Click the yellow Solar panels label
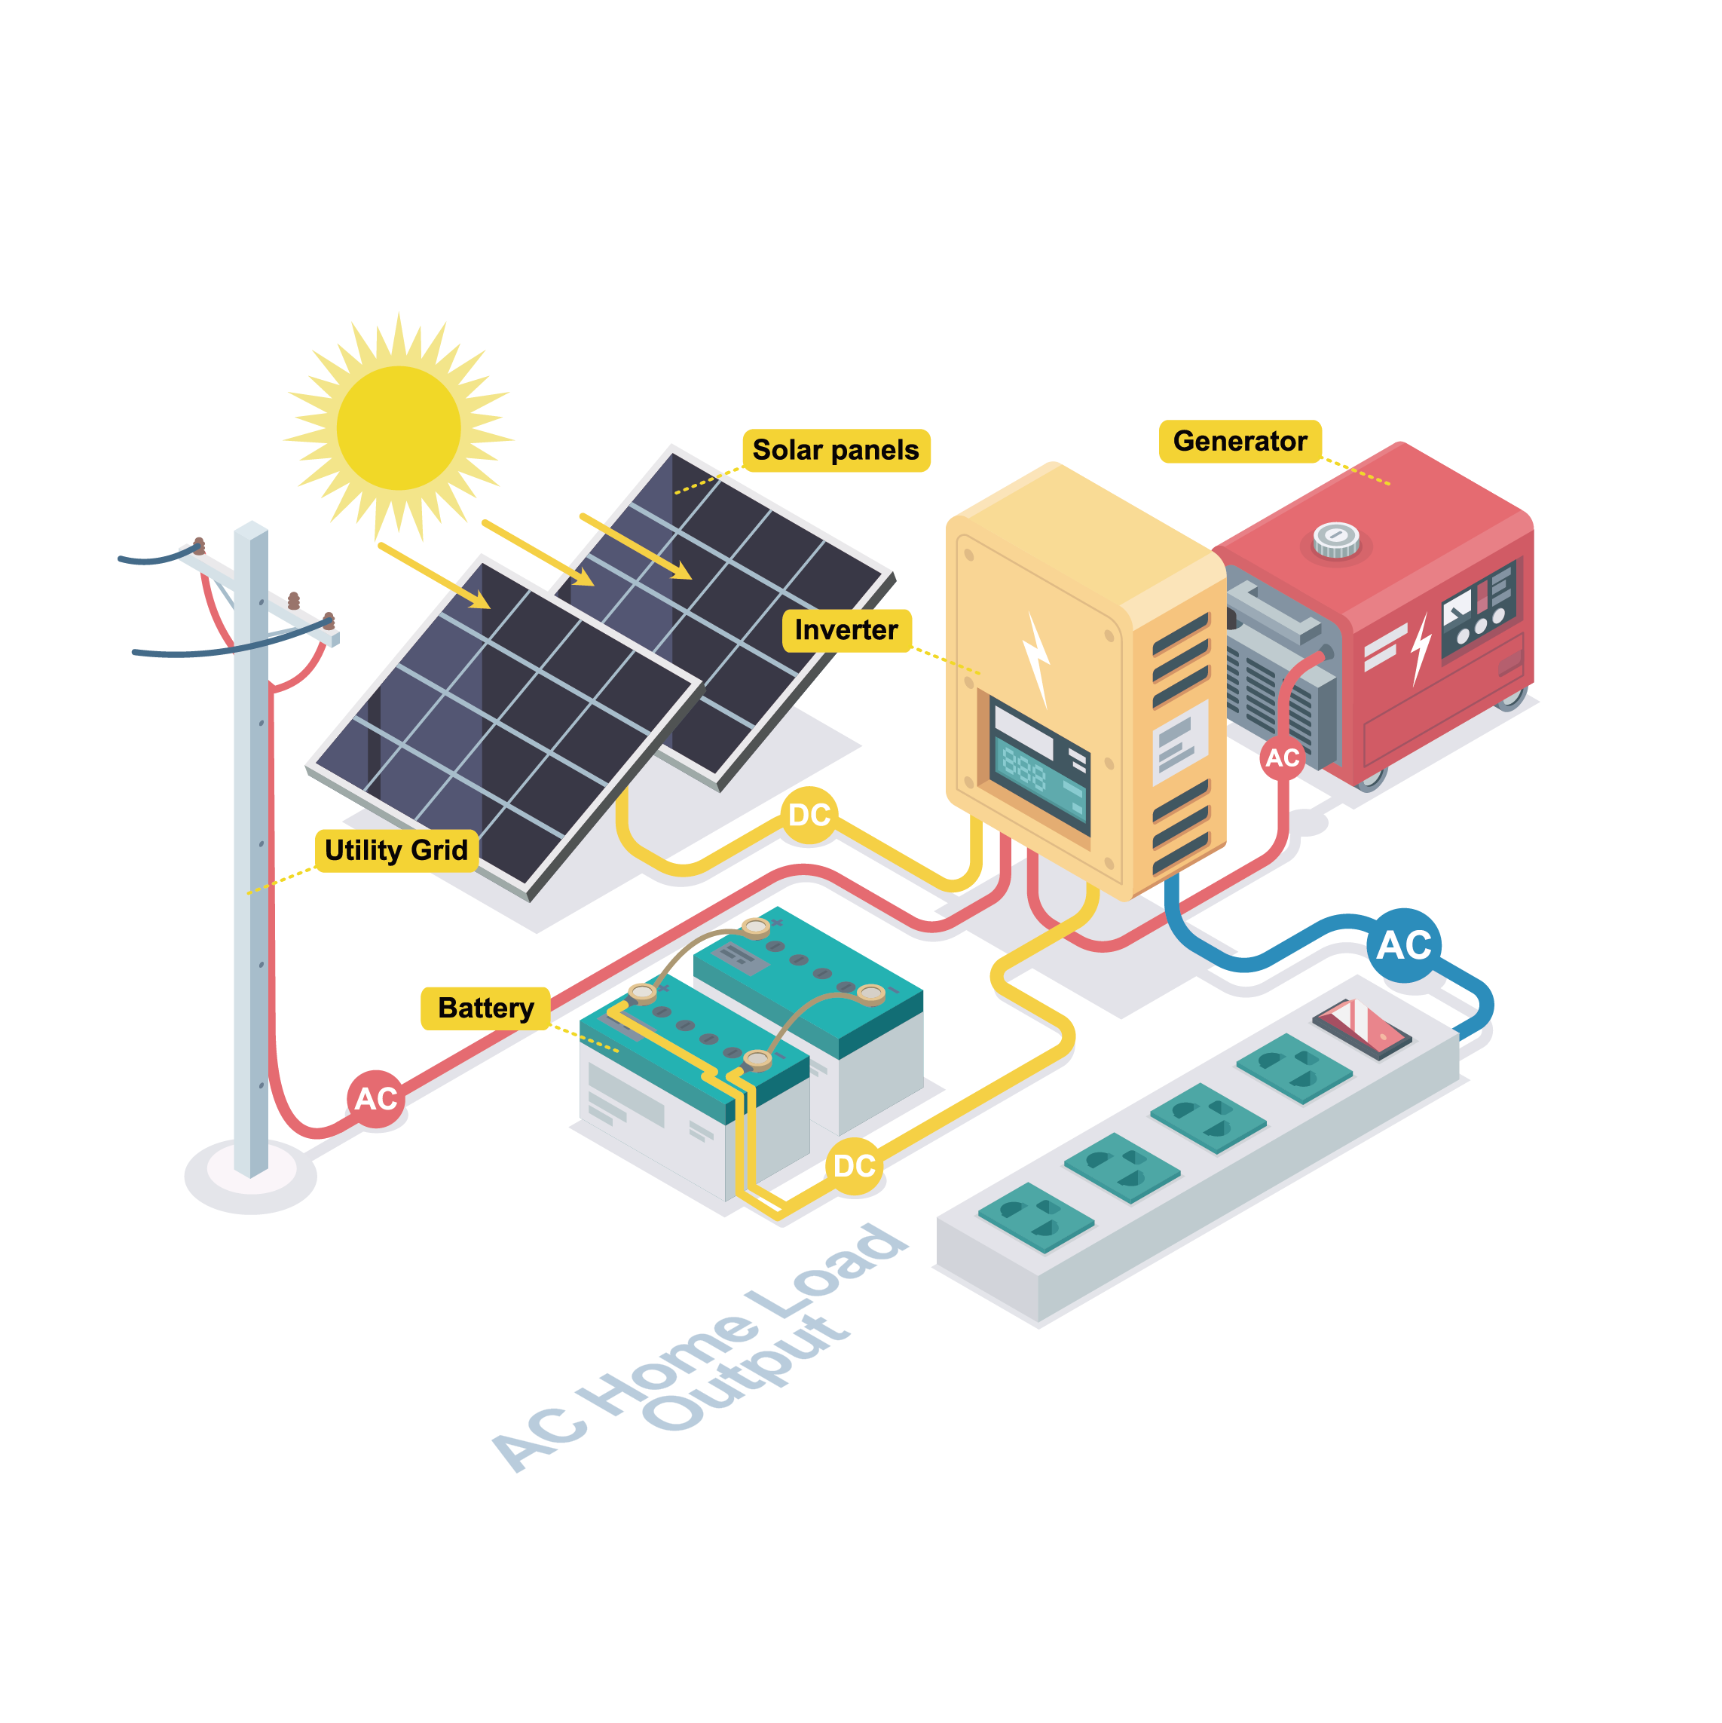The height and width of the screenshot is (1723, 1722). pos(836,451)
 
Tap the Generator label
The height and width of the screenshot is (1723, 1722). pos(1240,442)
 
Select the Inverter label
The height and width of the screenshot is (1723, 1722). pos(846,631)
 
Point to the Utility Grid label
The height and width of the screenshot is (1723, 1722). pos(396,850)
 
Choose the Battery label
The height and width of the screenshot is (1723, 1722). pos(485,1008)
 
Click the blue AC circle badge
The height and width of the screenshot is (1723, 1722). pos(1404,945)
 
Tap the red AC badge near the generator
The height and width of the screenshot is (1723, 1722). pos(1283,758)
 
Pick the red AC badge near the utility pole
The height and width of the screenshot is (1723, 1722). pos(375,1099)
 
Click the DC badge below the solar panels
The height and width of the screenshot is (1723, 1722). pos(809,815)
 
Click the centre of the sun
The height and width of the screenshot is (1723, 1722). pos(399,428)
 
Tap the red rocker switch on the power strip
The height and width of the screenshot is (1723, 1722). pos(1363,1027)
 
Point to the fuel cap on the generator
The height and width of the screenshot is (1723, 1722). pos(1336,539)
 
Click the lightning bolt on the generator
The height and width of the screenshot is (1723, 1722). pos(1421,647)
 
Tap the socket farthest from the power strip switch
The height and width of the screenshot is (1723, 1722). pos(1035,1217)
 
